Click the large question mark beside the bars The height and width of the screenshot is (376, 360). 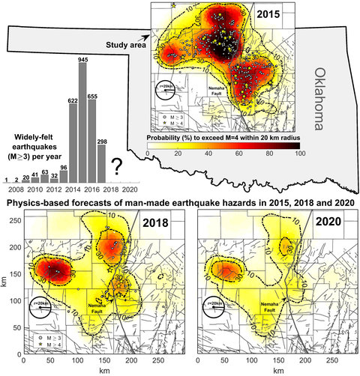[x=117, y=166]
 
